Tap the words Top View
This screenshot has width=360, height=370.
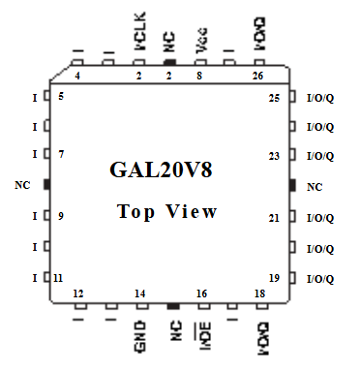point(167,211)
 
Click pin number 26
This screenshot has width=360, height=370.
point(257,75)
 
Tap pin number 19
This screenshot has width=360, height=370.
point(274,278)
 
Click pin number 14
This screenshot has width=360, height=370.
point(140,293)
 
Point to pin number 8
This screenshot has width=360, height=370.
point(199,75)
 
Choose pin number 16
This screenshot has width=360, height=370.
point(201,293)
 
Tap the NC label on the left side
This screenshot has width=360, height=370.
point(24,184)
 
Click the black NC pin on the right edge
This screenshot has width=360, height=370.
point(291,184)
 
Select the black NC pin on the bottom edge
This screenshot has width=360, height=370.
point(172,307)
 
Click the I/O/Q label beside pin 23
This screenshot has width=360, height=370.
point(319,156)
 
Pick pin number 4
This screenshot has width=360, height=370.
point(77,75)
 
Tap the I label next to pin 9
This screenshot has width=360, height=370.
point(35,217)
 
